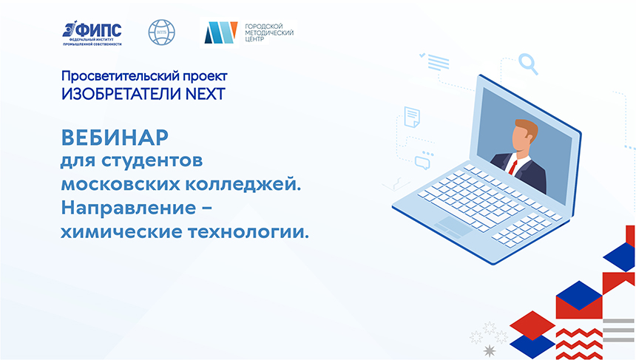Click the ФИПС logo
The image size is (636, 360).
92,33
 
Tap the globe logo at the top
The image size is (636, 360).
161,33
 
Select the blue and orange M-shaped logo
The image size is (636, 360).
220,33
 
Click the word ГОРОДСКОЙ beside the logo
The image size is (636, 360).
264,27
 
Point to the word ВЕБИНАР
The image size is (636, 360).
115,137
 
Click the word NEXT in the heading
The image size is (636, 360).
205,94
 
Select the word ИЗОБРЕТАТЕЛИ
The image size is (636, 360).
121,94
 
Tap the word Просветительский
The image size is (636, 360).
120,76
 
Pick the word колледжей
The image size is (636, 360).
243,185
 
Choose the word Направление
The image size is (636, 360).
129,208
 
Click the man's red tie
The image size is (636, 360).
512,167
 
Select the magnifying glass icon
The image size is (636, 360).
528,64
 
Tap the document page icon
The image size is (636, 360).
412,117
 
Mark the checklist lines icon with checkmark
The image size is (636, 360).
435,61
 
